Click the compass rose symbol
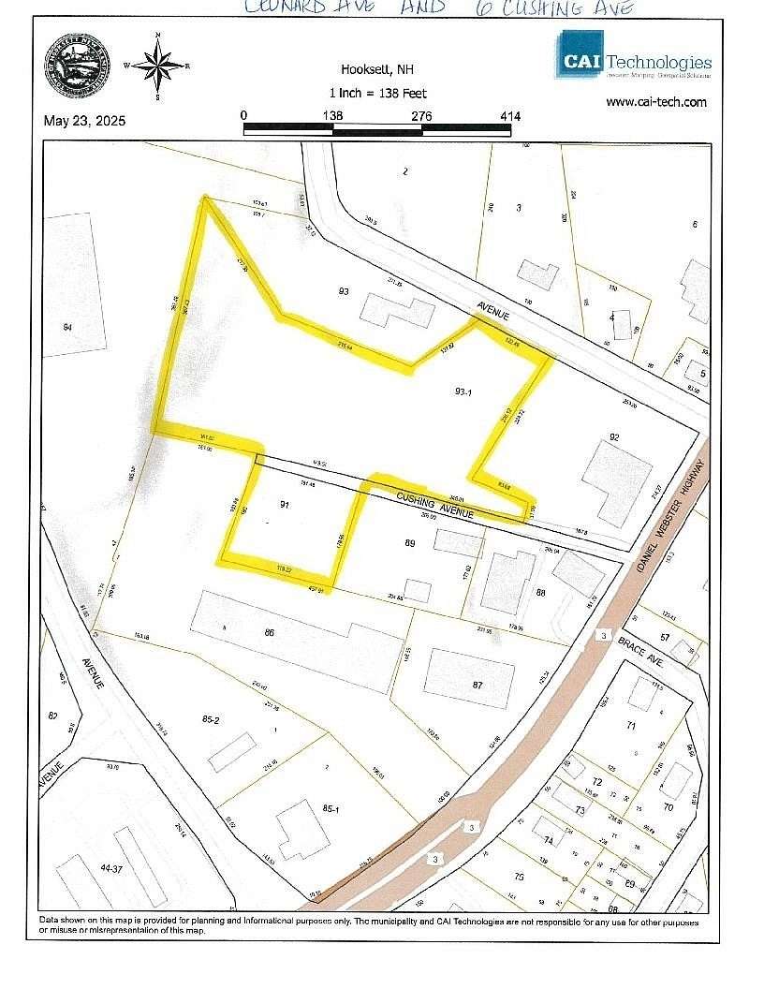pos(157,65)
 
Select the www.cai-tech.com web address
pos(655,102)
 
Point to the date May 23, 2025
pos(84,121)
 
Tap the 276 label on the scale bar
pos(421,115)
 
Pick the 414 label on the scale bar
pos(510,115)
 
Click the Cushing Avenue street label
pos(435,506)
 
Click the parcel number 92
pos(614,437)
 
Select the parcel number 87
pos(477,686)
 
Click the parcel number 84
pos(67,327)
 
